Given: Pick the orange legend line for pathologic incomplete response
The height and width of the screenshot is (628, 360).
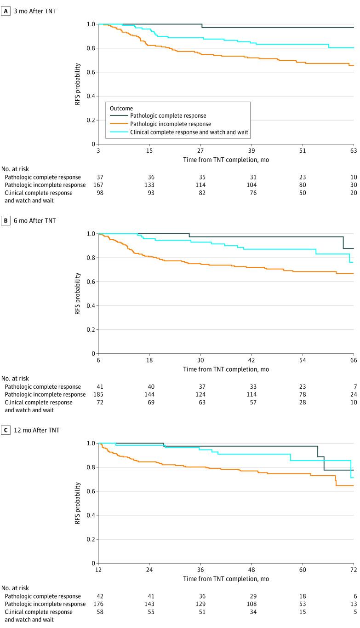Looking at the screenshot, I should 117,124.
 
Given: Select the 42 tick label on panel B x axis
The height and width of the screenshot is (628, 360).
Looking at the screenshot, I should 251,360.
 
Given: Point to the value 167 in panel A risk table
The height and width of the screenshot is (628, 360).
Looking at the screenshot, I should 98,185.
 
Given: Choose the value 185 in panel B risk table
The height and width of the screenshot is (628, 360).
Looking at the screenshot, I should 98,395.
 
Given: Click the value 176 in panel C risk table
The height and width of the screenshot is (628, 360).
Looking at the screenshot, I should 98,604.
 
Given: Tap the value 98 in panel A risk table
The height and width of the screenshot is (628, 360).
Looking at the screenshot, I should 98,193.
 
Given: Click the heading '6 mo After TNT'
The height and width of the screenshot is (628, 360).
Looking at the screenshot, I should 32,220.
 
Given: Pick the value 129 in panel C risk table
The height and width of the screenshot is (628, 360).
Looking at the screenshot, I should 200,604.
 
